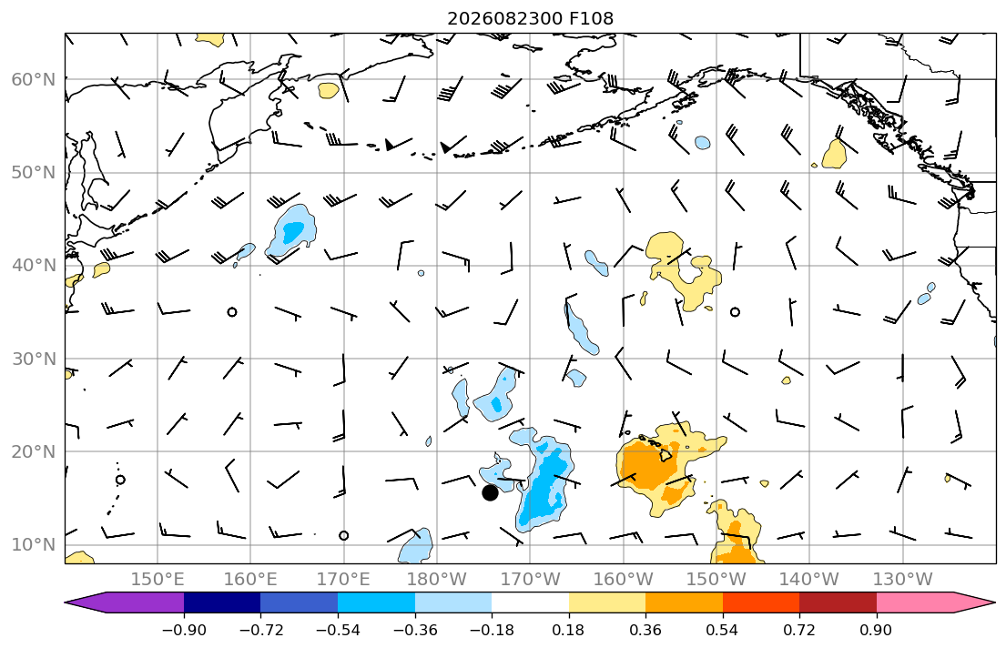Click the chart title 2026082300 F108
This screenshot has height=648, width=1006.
pos(530,18)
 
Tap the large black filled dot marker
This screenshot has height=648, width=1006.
pos(490,492)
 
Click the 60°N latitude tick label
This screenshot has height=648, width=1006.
pos(34,79)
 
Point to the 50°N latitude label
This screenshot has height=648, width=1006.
pos(34,173)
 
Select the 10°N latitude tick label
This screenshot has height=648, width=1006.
pos(34,545)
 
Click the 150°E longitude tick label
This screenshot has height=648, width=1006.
pos(158,580)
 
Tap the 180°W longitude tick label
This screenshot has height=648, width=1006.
pos(438,580)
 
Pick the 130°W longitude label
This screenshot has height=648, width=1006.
pos(903,580)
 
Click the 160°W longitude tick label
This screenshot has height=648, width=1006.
pos(624,580)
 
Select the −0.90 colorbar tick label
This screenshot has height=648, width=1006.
pos(184,630)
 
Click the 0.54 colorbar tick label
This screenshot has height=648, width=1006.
pos(723,630)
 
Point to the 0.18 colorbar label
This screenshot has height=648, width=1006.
pos(568,630)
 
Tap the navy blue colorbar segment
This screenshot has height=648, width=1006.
pos(222,602)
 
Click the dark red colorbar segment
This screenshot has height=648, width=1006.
pos(838,602)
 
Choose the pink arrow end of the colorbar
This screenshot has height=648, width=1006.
pos(936,602)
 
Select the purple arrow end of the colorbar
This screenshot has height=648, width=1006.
pos(125,602)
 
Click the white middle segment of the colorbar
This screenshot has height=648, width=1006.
pos(530,602)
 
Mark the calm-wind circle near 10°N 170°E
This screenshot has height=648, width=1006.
pos(344,535)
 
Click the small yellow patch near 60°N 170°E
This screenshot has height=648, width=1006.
pos(329,90)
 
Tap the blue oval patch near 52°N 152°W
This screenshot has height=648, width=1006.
pos(703,142)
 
